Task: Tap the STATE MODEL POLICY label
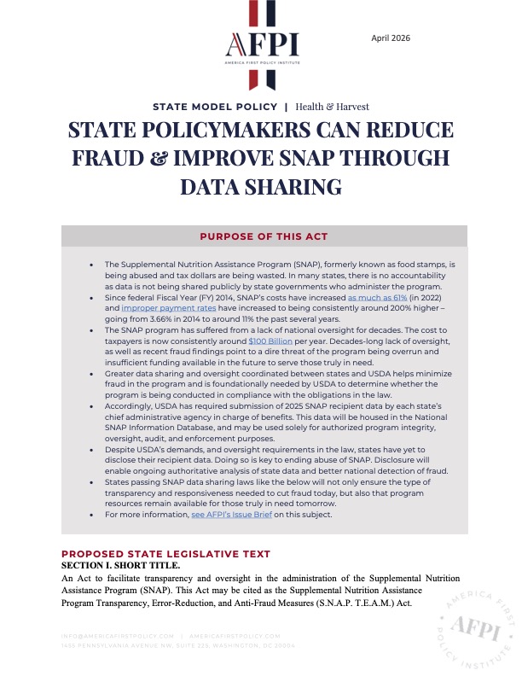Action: [x=214, y=108]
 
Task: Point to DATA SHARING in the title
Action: [x=260, y=187]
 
